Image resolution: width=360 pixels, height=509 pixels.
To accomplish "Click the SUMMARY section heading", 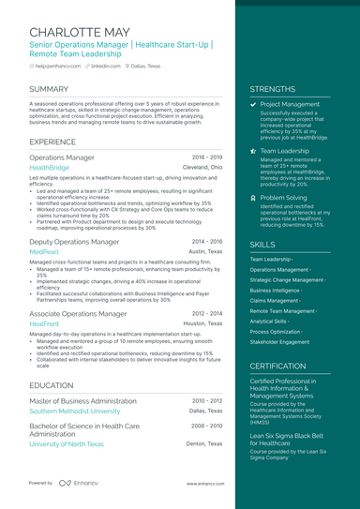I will (53, 88).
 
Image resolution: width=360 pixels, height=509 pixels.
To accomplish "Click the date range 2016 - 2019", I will (207, 157).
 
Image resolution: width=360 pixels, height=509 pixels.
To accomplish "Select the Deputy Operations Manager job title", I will (74, 241).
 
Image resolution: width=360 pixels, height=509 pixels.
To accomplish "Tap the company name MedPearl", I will (44, 251).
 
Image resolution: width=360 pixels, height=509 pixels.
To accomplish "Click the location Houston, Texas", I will (203, 323).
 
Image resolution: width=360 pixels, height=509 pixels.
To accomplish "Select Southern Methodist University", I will (75, 411).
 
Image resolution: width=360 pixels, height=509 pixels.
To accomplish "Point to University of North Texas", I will (67, 443).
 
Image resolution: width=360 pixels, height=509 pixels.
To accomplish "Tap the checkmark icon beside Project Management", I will (253, 105).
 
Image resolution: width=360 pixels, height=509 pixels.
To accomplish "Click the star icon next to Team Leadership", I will (253, 151).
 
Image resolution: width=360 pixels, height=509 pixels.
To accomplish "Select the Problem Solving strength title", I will (284, 199).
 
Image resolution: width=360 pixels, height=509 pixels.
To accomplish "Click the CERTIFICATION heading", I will (278, 367).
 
